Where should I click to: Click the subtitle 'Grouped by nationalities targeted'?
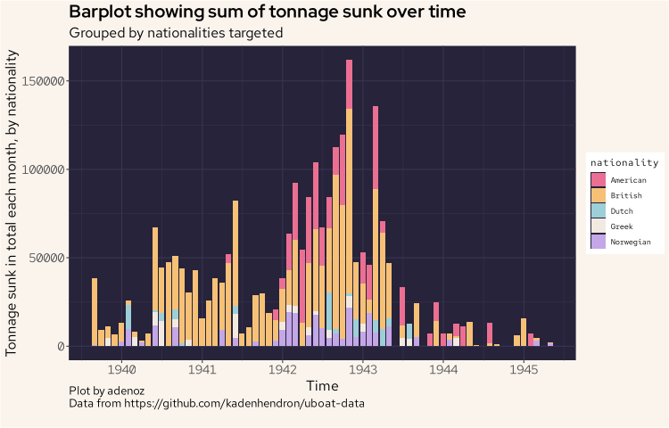176,33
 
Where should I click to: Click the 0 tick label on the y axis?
59,346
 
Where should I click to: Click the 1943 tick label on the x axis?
362,368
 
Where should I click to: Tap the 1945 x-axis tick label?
523,368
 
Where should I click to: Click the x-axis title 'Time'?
322,385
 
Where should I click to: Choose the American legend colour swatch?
599,179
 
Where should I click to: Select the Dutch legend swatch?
599,210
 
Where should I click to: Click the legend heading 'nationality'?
624,163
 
